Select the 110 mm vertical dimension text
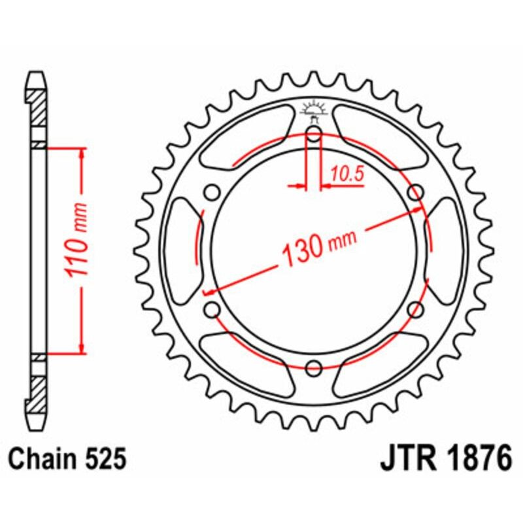pos(78,248)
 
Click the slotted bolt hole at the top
pos(314,139)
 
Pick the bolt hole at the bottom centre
pos(314,367)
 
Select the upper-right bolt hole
pos(414,193)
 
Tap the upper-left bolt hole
pos(212,193)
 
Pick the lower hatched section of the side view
pos(39,390)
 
